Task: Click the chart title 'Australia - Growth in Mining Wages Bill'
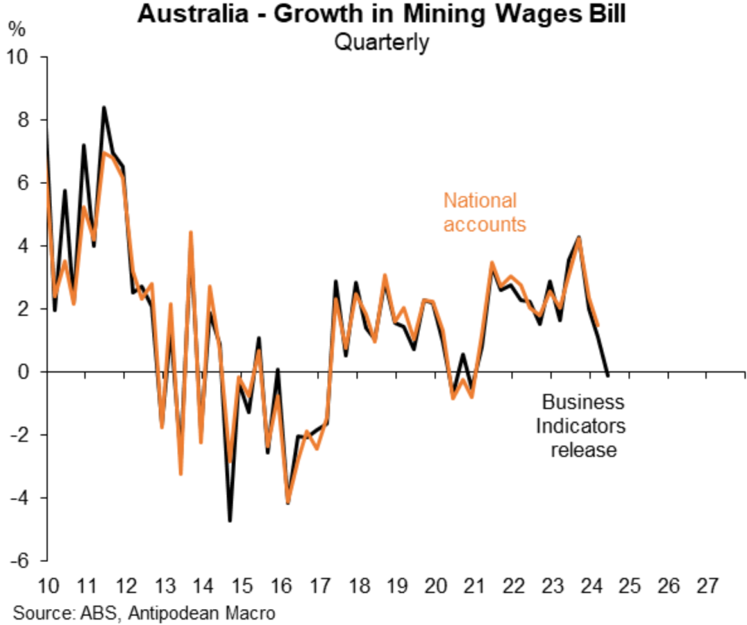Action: tap(381, 15)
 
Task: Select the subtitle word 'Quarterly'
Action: tap(381, 43)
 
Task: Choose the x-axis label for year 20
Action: tap(435, 586)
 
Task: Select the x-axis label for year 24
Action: tap(590, 586)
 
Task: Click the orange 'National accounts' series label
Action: tap(483, 212)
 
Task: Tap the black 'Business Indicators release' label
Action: tap(583, 426)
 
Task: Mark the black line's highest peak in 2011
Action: tap(104, 107)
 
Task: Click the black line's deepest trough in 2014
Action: tap(230, 521)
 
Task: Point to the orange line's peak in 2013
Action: tap(190, 233)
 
